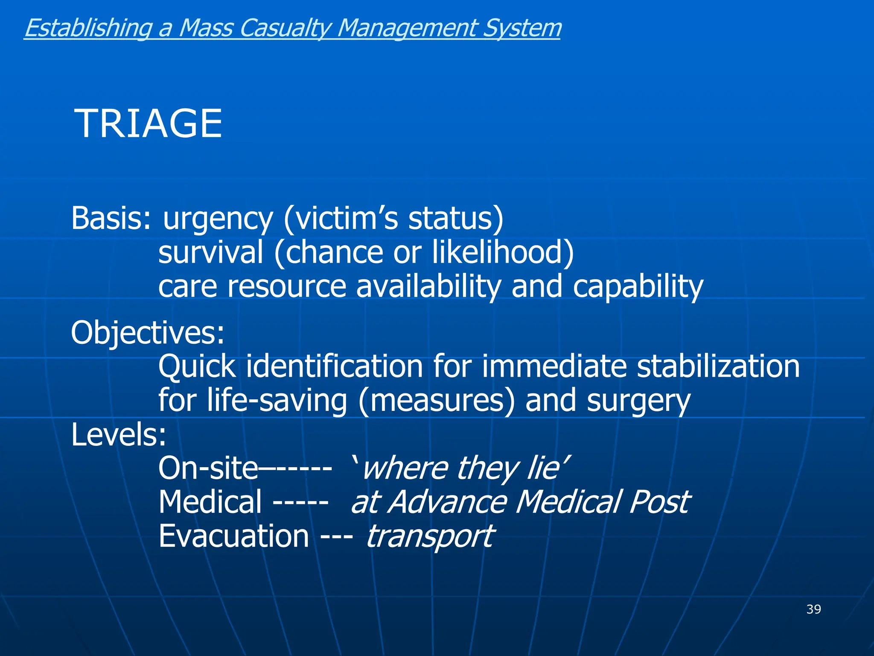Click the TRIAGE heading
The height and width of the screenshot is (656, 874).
(x=148, y=124)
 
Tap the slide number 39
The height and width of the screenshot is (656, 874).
(x=813, y=609)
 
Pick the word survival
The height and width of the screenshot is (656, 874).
(x=211, y=252)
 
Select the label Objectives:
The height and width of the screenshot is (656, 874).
(x=148, y=333)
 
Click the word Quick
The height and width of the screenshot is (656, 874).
(x=197, y=367)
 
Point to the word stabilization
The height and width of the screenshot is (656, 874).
(x=718, y=366)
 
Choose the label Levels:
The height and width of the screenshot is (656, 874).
(x=119, y=435)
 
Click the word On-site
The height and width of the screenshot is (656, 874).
(x=208, y=469)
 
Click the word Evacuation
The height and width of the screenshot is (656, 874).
(x=233, y=536)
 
